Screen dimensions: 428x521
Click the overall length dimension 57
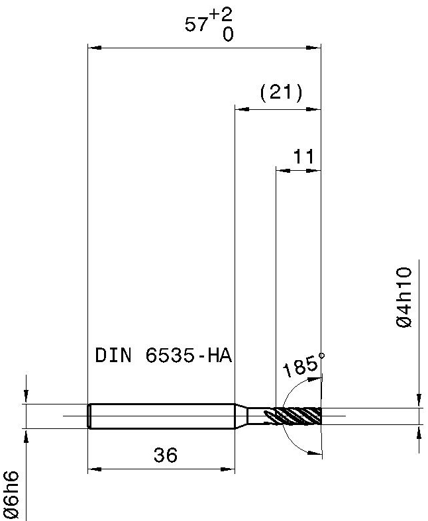pyautogui.click(x=195, y=24)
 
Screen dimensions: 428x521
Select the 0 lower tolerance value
pyautogui.click(x=228, y=34)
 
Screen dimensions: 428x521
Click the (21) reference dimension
pyautogui.click(x=282, y=93)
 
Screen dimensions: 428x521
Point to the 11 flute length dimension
pyautogui.click(x=303, y=156)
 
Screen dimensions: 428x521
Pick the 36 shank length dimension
pyautogui.click(x=166, y=455)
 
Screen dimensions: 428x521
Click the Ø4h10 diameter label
pyautogui.click(x=404, y=297)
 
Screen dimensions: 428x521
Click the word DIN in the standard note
pyautogui.click(x=113, y=355)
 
